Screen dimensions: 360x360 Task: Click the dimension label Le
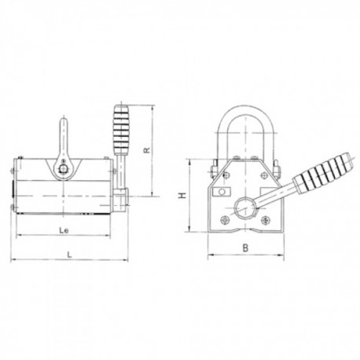[64, 230]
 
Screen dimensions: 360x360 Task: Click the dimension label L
[69, 255]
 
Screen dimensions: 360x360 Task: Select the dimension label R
[147, 150]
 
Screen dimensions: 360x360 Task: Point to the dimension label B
[245, 248]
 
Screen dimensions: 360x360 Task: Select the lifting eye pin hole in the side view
[63, 169]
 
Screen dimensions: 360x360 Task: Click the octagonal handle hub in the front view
[245, 208]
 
